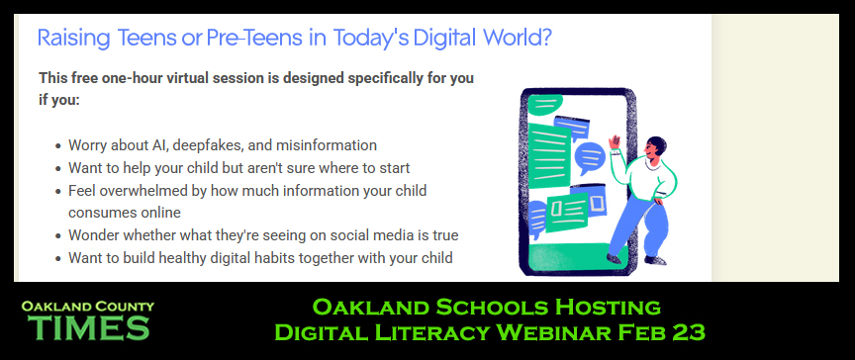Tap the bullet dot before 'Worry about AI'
(57, 145)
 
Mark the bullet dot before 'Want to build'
(57, 259)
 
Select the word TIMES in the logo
(90, 326)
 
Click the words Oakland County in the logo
(88, 307)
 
